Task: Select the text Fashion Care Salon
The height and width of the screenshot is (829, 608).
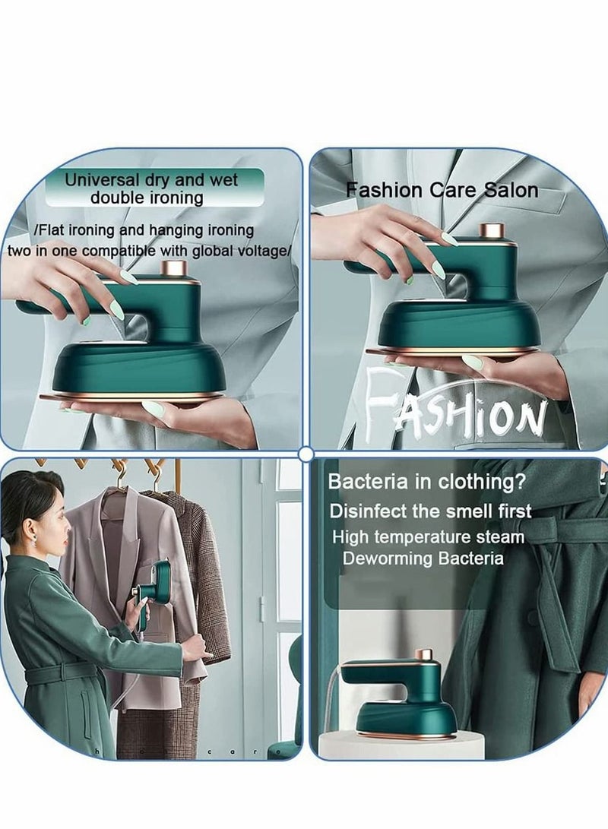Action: (x=442, y=190)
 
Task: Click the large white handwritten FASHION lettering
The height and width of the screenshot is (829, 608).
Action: (x=456, y=410)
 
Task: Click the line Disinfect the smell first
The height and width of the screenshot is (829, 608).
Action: (x=430, y=511)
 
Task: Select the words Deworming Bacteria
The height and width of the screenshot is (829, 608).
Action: (x=423, y=558)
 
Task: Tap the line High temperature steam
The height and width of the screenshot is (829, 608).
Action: (x=428, y=536)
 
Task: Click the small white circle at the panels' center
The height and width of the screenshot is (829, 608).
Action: (x=306, y=454)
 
